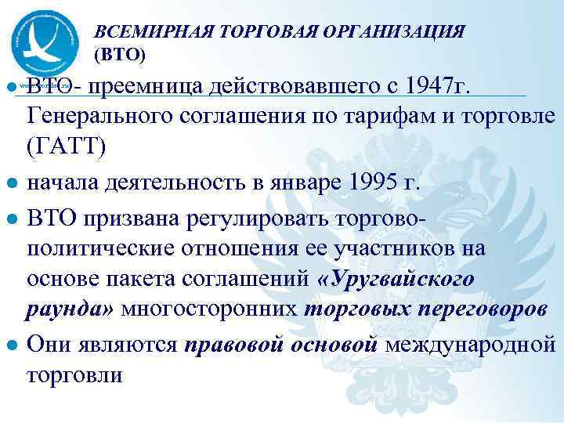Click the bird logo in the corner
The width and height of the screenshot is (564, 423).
[45, 39]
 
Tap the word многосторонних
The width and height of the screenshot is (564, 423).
[211, 309]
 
